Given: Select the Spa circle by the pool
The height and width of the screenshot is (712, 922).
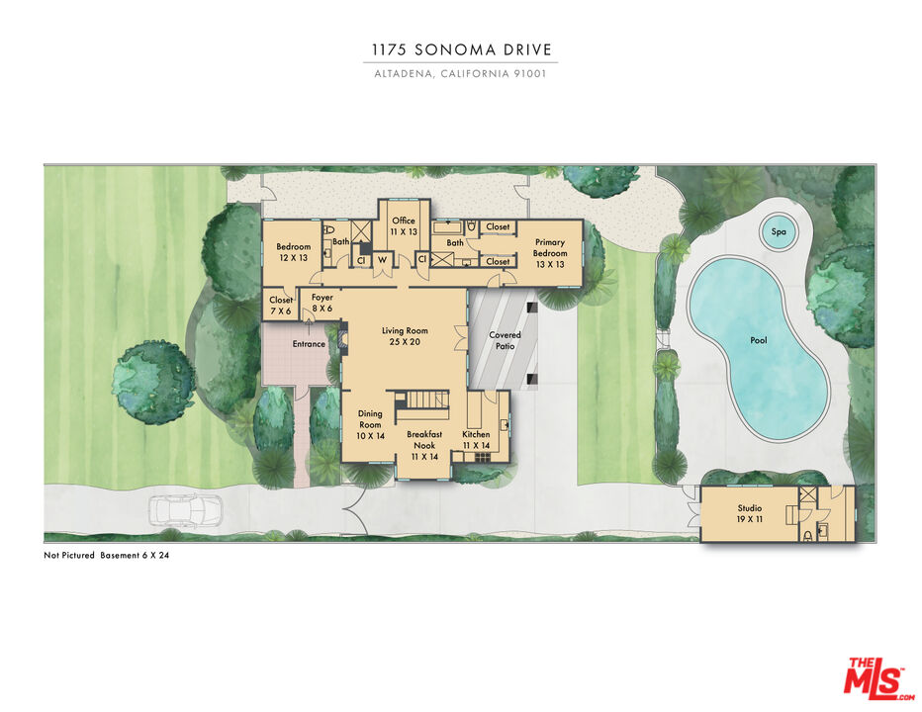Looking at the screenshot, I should pos(779,233).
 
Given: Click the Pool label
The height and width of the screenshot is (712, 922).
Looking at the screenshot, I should pos(758,340).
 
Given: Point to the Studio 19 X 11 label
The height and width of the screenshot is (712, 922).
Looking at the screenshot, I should pos(749,513).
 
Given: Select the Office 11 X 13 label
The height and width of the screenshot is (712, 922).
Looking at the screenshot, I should pos(403,225).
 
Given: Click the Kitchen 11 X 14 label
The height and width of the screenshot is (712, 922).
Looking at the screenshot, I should pos(476,440).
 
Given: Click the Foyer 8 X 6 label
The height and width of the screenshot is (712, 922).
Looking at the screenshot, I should pos(323,303).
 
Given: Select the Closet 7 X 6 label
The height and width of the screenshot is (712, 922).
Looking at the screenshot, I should pos(281,306).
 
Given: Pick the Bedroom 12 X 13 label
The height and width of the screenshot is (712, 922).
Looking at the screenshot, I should pos(293,252).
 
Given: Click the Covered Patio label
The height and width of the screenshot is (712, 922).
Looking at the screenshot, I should pos(505,341).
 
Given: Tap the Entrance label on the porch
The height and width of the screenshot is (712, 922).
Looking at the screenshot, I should pos(309,344).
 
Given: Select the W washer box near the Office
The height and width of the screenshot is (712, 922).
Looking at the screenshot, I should pos(381,260).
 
